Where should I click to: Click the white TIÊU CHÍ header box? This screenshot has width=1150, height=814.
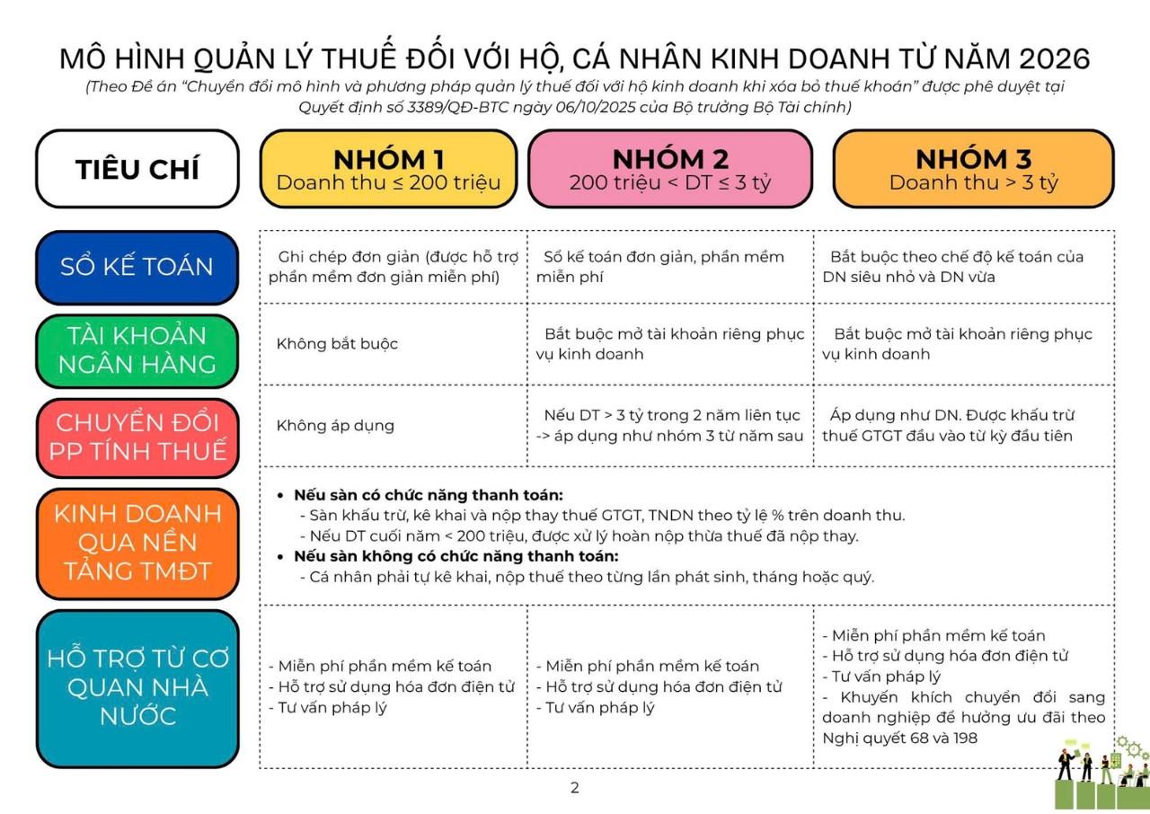[137, 169]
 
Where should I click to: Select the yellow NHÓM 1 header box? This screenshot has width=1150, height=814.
[388, 169]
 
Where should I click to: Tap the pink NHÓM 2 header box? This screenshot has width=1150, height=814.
[670, 169]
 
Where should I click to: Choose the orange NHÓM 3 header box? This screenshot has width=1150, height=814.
[973, 169]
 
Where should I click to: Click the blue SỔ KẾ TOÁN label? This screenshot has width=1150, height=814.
[137, 267]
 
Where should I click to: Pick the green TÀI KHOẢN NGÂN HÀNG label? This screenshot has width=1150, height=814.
[137, 349]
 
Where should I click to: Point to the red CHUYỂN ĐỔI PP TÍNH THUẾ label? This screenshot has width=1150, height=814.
[137, 437]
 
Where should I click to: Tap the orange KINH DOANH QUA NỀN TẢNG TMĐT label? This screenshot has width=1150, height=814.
[137, 542]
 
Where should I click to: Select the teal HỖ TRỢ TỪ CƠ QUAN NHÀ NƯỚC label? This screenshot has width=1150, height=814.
[137, 687]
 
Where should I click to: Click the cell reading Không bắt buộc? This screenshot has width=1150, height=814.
[337, 344]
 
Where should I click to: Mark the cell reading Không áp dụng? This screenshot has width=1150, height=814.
[335, 426]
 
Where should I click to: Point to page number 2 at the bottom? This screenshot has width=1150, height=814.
[575, 788]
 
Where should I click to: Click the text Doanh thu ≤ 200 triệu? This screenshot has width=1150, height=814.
[388, 182]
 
